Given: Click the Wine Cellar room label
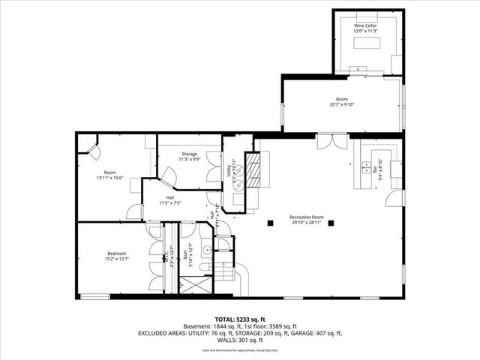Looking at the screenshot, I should [366, 25].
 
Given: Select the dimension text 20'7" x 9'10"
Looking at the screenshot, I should [343, 104].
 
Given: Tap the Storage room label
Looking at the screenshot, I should [188, 154].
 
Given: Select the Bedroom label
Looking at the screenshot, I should [116, 253].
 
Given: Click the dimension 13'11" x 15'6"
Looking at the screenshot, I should [109, 177].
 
